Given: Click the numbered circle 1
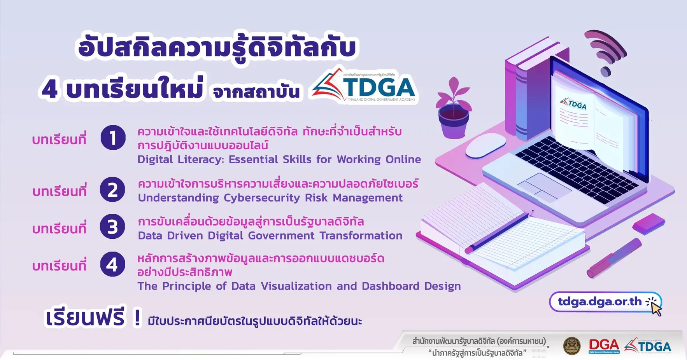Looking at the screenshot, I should pos(113,138).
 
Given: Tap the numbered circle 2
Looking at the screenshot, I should pos(112,190).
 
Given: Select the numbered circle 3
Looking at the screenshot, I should pos(112,227).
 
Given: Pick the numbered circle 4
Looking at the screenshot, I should pos(112,264).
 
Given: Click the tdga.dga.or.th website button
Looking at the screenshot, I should pos(605,302).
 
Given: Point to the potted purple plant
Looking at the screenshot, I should pos(453,109).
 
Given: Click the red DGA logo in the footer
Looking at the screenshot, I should pos(604,346).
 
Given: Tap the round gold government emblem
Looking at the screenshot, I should pos(572,346).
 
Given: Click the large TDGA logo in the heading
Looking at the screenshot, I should pos(364,86).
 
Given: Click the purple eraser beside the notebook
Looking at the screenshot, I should pos(648,224).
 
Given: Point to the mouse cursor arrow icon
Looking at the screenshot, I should pos(656,309).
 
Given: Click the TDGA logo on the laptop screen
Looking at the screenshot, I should pos(573,104).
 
